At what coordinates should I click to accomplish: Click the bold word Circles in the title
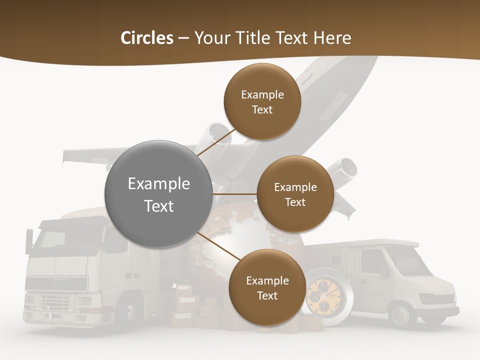pos(146,38)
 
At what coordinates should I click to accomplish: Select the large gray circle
pos(158,194)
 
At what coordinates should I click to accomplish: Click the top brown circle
pos(262,101)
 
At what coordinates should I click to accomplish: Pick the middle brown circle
pos(295,194)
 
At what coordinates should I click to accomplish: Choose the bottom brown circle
pos(267,287)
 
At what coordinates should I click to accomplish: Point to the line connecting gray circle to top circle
pos(215,142)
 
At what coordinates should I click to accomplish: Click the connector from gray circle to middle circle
pos(235,194)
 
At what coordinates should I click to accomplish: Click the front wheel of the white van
pos(400,315)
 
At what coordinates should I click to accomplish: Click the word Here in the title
pos(332,38)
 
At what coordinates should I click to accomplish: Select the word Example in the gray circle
pos(158,184)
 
